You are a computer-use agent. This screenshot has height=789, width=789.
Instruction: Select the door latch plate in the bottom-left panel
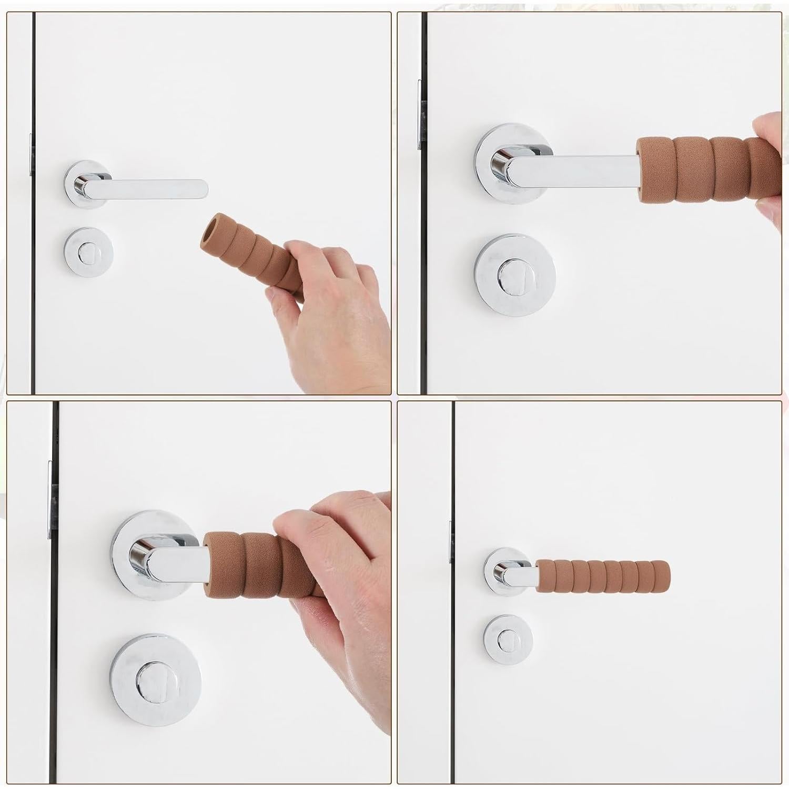(x=50, y=500)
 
